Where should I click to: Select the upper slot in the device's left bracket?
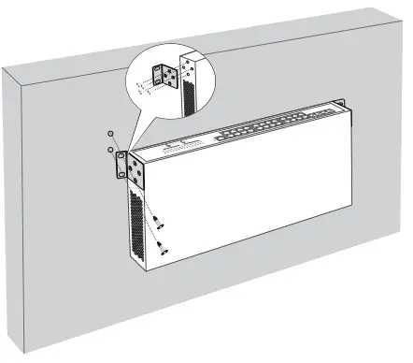click(120, 158)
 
